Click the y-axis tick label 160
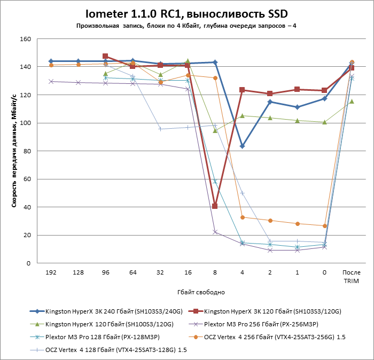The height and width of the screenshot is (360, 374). pos(26,39)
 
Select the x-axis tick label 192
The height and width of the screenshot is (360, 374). pos(51,272)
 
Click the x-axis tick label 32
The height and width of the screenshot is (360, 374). pos(160,272)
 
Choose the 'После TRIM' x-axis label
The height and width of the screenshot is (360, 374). pos(351,276)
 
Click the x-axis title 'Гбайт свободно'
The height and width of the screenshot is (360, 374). pos(201,292)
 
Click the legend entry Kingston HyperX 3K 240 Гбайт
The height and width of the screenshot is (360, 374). pos(111,310)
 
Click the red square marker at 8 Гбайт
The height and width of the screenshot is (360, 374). pos(215,206)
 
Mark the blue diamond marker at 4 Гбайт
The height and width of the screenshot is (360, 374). pos(242,146)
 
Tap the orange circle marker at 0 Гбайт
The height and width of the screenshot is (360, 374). pos(324,226)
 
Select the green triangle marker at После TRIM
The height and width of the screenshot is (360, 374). pos(352,101)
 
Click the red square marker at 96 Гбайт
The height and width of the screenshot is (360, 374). pos(105,56)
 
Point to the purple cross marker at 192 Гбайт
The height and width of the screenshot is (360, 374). pos(51,81)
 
